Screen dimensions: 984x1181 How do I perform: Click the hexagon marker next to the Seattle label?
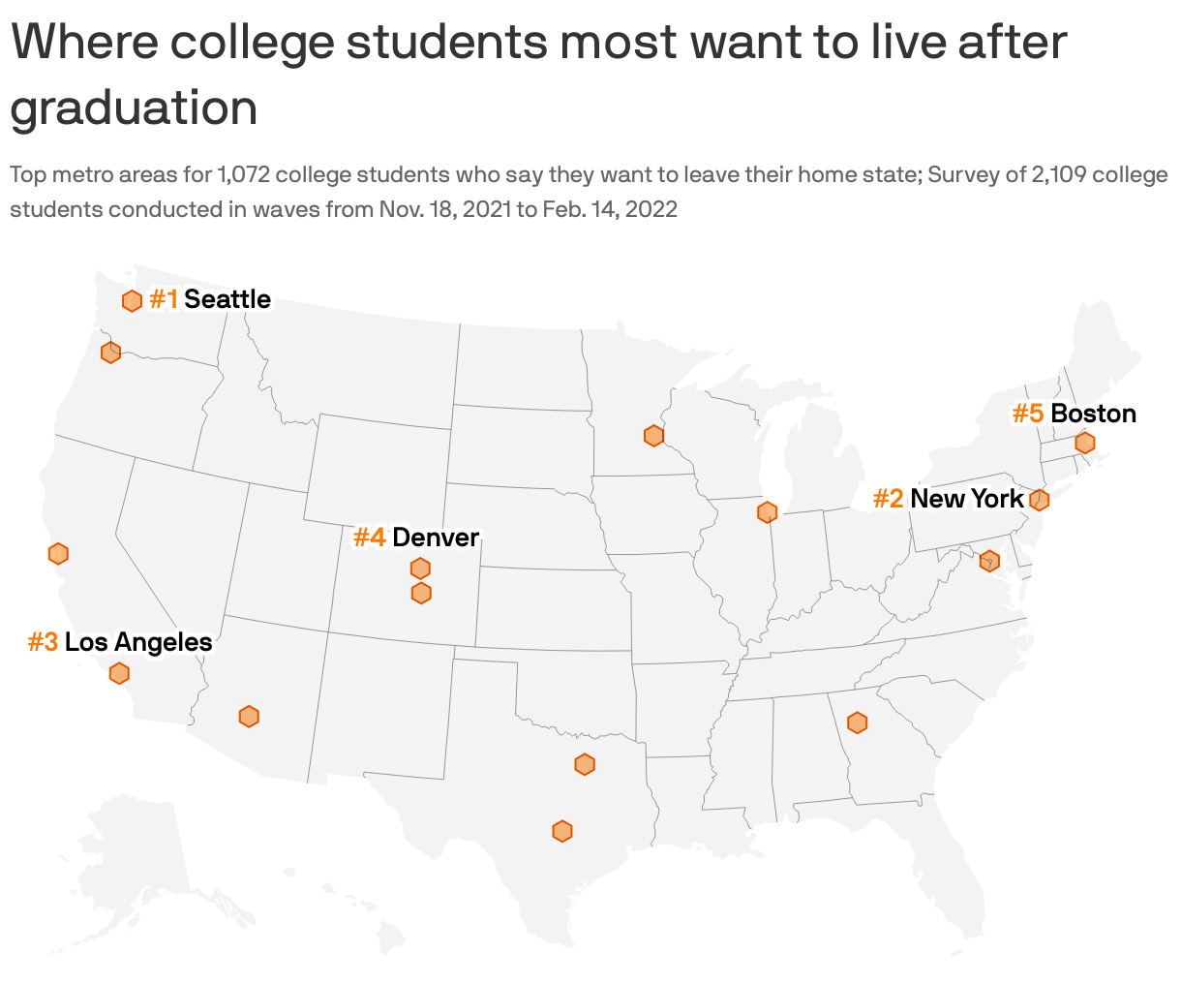tap(132, 301)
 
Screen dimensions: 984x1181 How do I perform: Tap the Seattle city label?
tap(227, 299)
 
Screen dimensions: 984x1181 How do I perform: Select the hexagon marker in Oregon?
tap(110, 353)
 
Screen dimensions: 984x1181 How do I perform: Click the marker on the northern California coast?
tap(58, 554)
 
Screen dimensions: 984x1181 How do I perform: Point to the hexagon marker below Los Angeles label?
tap(119, 673)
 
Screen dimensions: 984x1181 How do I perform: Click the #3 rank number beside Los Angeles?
tap(43, 642)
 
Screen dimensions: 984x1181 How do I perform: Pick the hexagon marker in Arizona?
tap(249, 717)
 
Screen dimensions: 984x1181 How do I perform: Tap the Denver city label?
tap(436, 538)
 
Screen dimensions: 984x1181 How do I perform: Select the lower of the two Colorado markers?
tap(421, 593)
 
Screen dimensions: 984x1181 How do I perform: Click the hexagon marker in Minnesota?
tap(653, 436)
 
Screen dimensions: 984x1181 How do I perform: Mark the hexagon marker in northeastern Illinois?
tap(767, 512)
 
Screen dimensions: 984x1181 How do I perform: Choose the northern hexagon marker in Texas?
tap(585, 764)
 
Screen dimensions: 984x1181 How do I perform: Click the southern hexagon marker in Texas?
tap(562, 831)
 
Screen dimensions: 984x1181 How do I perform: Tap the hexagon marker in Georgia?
tap(857, 723)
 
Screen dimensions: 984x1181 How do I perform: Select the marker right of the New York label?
tap(1039, 500)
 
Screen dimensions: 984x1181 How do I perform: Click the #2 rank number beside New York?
tap(888, 499)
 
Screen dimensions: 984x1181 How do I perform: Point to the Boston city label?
tap(1093, 414)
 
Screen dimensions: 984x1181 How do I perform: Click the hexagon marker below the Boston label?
tap(1085, 443)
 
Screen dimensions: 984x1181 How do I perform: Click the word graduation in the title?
tap(134, 108)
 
